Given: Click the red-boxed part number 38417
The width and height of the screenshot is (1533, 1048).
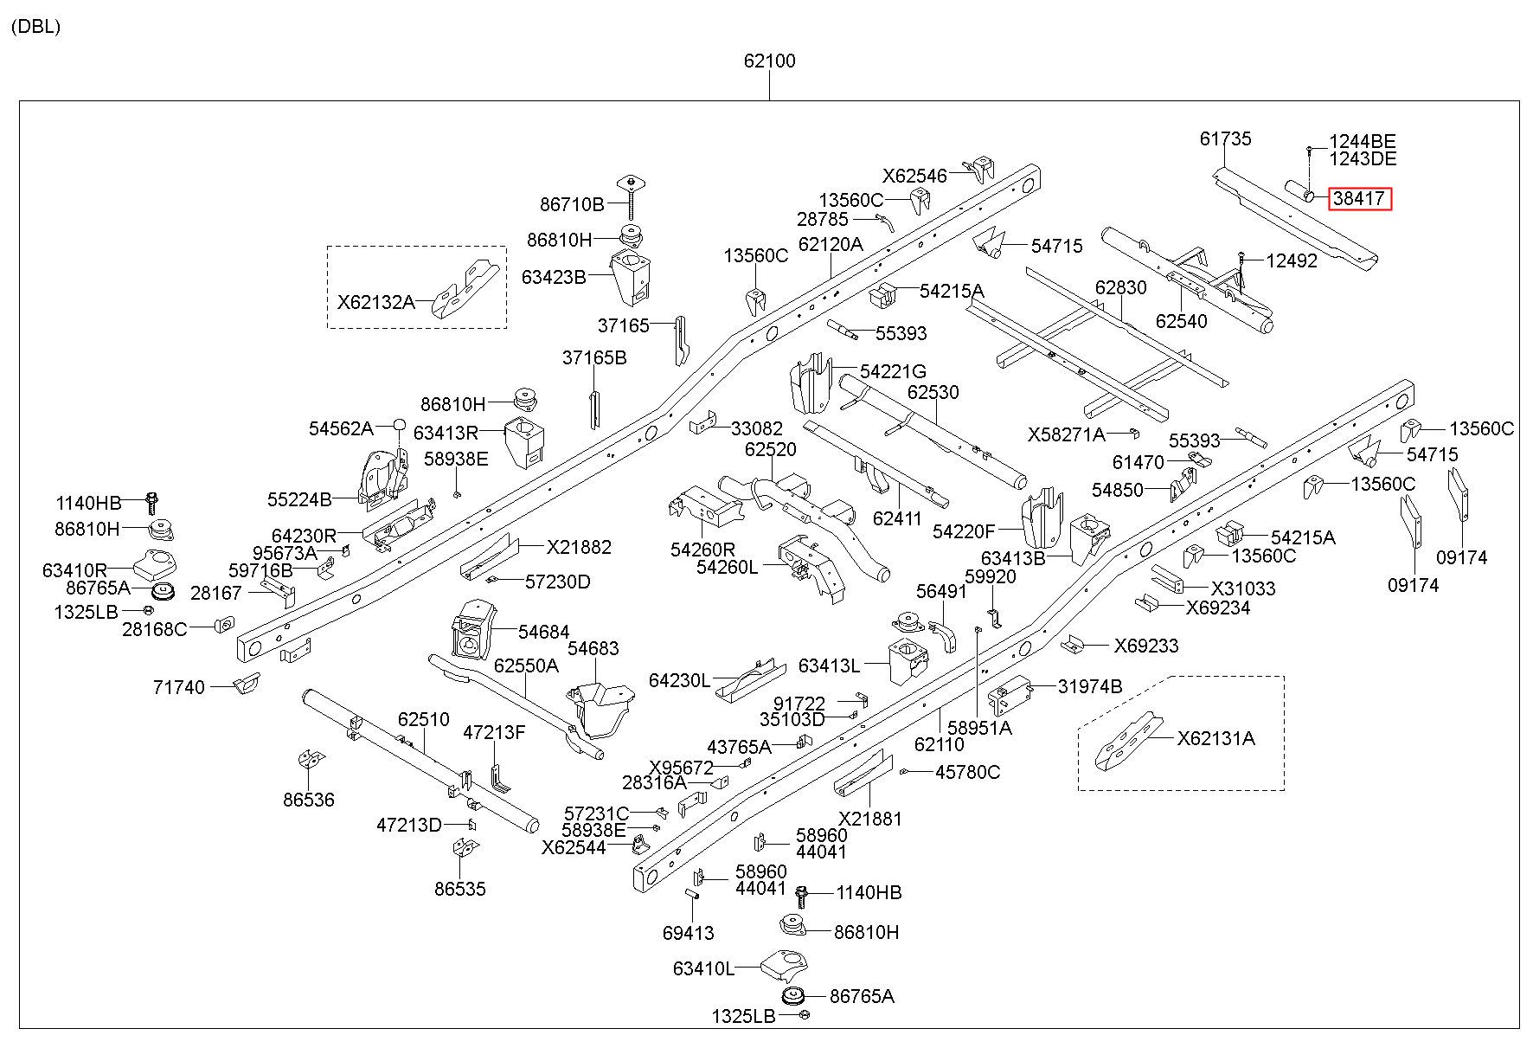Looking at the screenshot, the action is tap(1360, 199).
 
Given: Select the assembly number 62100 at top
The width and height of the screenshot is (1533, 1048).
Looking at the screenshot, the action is tap(769, 61).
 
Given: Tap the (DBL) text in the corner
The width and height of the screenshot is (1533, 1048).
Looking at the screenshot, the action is tap(35, 27).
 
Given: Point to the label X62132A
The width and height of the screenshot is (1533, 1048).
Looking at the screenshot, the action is tap(375, 302).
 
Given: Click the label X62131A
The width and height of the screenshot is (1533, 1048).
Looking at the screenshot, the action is tap(1215, 738).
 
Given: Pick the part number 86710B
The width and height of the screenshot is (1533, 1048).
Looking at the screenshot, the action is tap(572, 204).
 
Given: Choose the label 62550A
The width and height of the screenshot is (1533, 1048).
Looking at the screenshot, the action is tap(526, 666).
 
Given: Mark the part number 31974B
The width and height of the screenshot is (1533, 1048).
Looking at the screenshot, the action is tap(1089, 686).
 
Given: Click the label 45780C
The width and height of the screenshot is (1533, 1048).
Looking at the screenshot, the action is tap(967, 772).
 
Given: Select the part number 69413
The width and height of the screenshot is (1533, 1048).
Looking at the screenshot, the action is tap(689, 933).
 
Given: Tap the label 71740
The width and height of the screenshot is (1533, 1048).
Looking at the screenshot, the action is tap(179, 687).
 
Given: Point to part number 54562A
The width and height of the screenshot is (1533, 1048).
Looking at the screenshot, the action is tap(341, 428).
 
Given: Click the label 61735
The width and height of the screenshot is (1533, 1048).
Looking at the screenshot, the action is tap(1225, 138).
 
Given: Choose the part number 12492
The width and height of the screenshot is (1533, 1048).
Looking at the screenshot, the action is tap(1292, 260).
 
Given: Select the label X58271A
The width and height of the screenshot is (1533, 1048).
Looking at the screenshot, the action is tap(1067, 434).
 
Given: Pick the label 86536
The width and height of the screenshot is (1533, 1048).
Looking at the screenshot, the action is tap(309, 800).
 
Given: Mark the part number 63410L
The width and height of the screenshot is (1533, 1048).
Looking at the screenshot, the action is tap(703, 968).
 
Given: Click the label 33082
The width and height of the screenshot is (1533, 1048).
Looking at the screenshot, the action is tap(757, 428).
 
